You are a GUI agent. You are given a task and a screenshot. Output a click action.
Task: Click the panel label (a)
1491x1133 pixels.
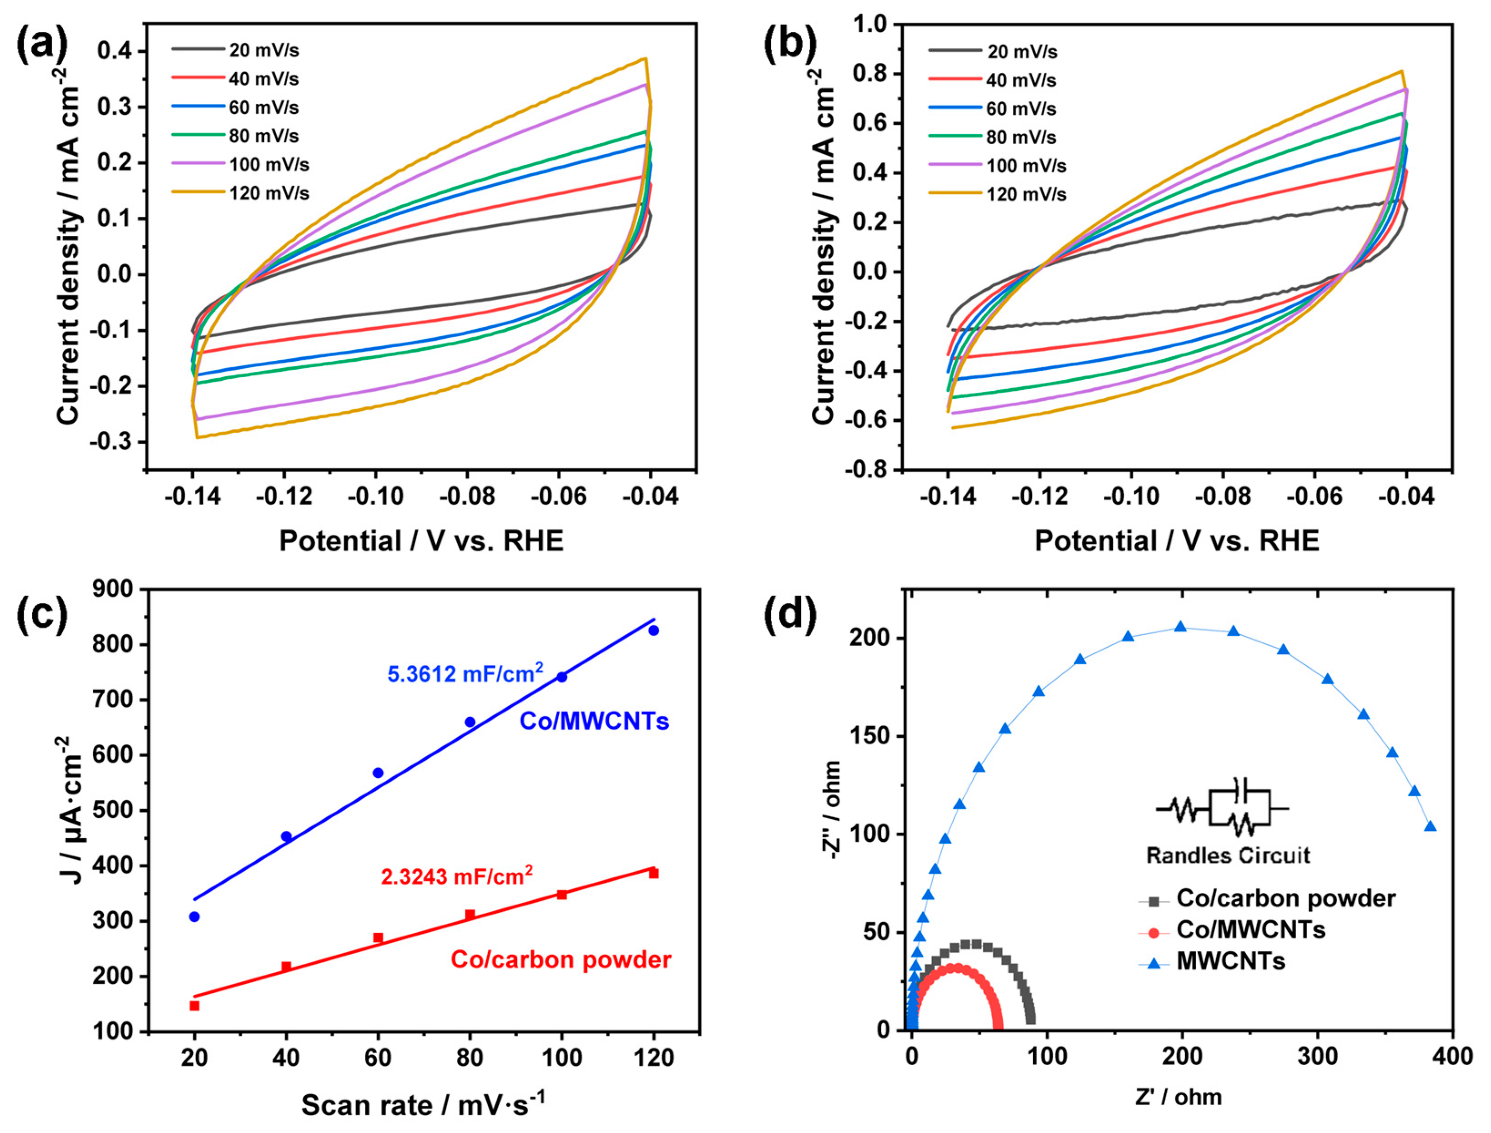tap(42, 46)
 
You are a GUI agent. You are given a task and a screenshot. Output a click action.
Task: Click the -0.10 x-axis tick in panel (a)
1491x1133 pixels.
tap(376, 497)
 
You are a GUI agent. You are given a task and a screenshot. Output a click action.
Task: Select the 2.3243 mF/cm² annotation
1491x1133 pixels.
tap(456, 876)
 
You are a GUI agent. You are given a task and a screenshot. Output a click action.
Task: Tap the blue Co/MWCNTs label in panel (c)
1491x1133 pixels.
tap(593, 722)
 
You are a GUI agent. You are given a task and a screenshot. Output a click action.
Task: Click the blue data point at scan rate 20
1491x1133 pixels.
tap(194, 916)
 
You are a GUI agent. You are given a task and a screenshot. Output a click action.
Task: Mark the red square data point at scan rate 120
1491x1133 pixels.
tap(653, 873)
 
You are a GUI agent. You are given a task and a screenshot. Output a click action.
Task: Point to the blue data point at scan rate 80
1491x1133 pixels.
tap(470, 722)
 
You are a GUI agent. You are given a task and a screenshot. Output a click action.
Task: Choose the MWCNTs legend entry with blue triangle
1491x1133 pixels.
tap(1231, 961)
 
